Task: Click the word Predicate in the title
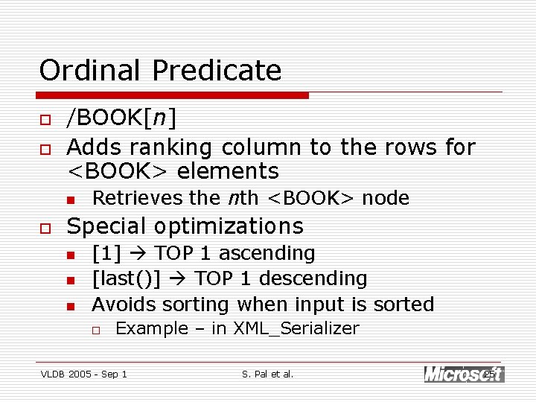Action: point(217,71)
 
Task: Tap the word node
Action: point(386,198)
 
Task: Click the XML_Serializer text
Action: point(296,328)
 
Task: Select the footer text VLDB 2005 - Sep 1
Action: point(83,374)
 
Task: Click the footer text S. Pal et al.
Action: point(268,374)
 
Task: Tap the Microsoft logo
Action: point(463,374)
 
